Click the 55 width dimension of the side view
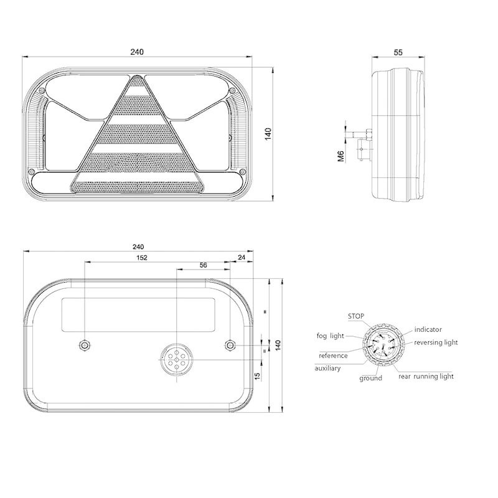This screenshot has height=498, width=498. click(x=398, y=52)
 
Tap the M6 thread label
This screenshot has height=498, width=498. click(x=341, y=156)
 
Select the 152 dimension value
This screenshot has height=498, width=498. click(x=142, y=258)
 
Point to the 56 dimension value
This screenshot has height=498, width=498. click(x=204, y=265)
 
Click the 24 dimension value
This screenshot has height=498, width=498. click(x=242, y=257)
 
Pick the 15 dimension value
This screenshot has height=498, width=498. click(x=258, y=376)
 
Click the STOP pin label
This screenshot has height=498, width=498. click(x=355, y=316)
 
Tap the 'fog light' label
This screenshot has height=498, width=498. click(x=331, y=336)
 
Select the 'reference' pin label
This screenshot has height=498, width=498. click(x=333, y=355)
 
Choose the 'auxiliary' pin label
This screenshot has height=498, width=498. click(x=327, y=369)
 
